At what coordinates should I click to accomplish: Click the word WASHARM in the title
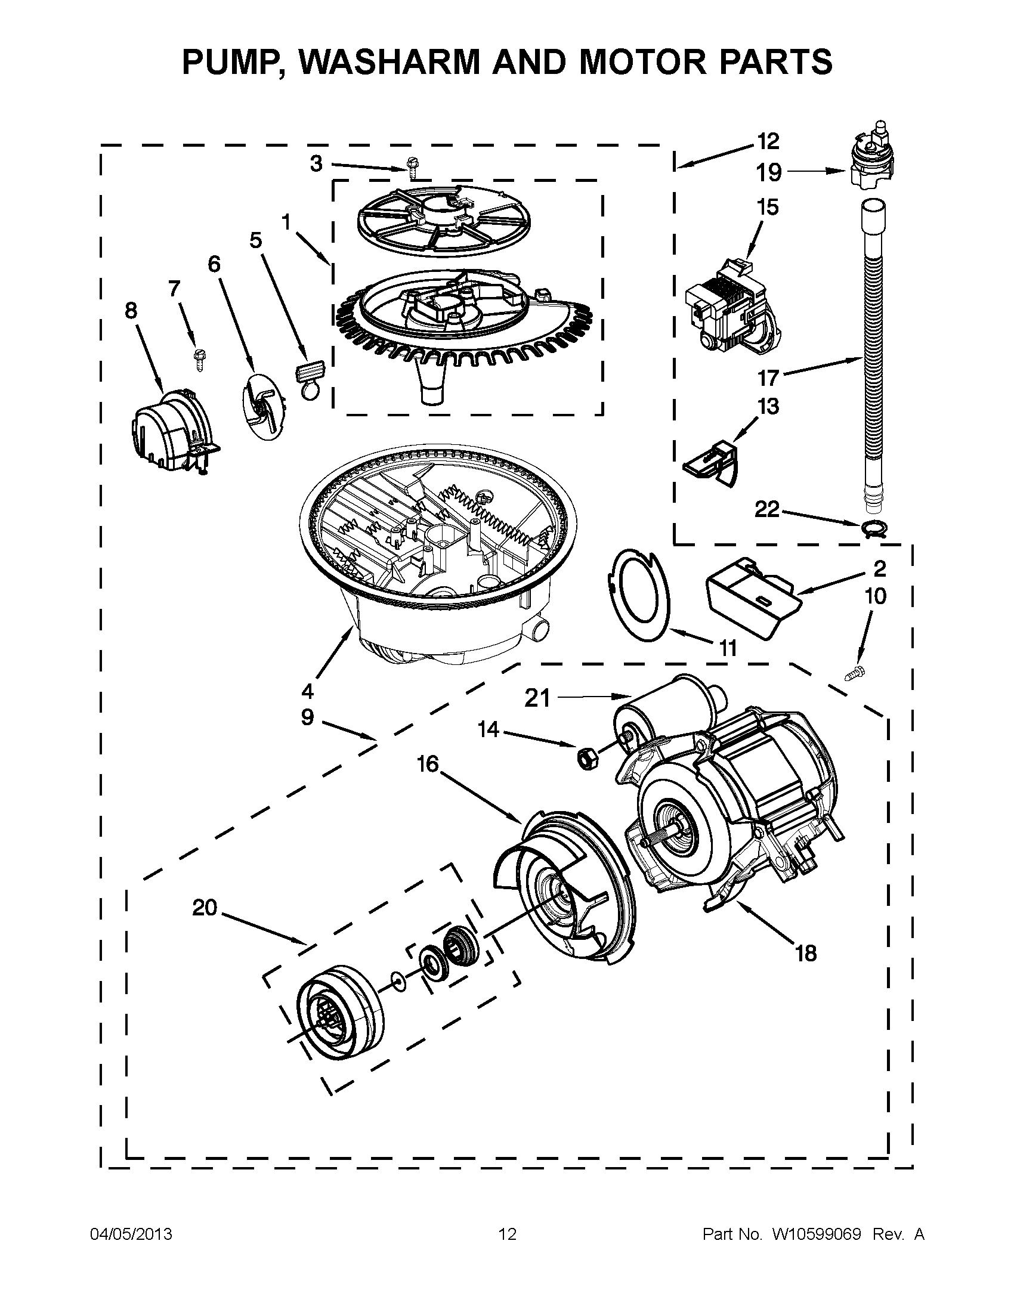[x=384, y=61]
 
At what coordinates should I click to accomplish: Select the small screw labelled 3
[x=412, y=168]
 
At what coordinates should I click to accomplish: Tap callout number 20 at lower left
[x=204, y=908]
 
